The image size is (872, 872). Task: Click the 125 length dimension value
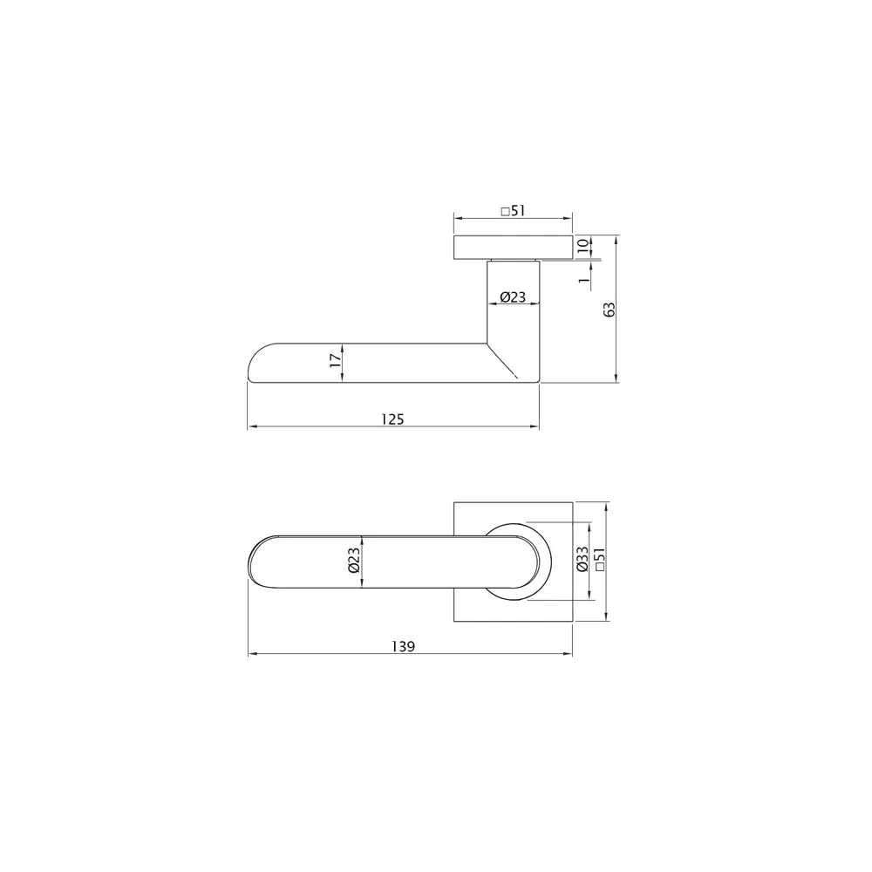[x=392, y=419]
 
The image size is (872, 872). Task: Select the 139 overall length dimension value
[x=402, y=646]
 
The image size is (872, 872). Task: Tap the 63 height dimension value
[x=610, y=310]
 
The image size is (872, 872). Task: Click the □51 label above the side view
[x=514, y=210]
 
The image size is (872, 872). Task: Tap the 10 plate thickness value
[x=582, y=247]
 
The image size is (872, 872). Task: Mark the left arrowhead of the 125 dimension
[x=253, y=426]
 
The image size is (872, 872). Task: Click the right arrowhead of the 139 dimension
[x=568, y=654]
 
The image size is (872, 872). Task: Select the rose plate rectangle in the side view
[x=513, y=247]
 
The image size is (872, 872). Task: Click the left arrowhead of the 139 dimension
[x=253, y=654]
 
